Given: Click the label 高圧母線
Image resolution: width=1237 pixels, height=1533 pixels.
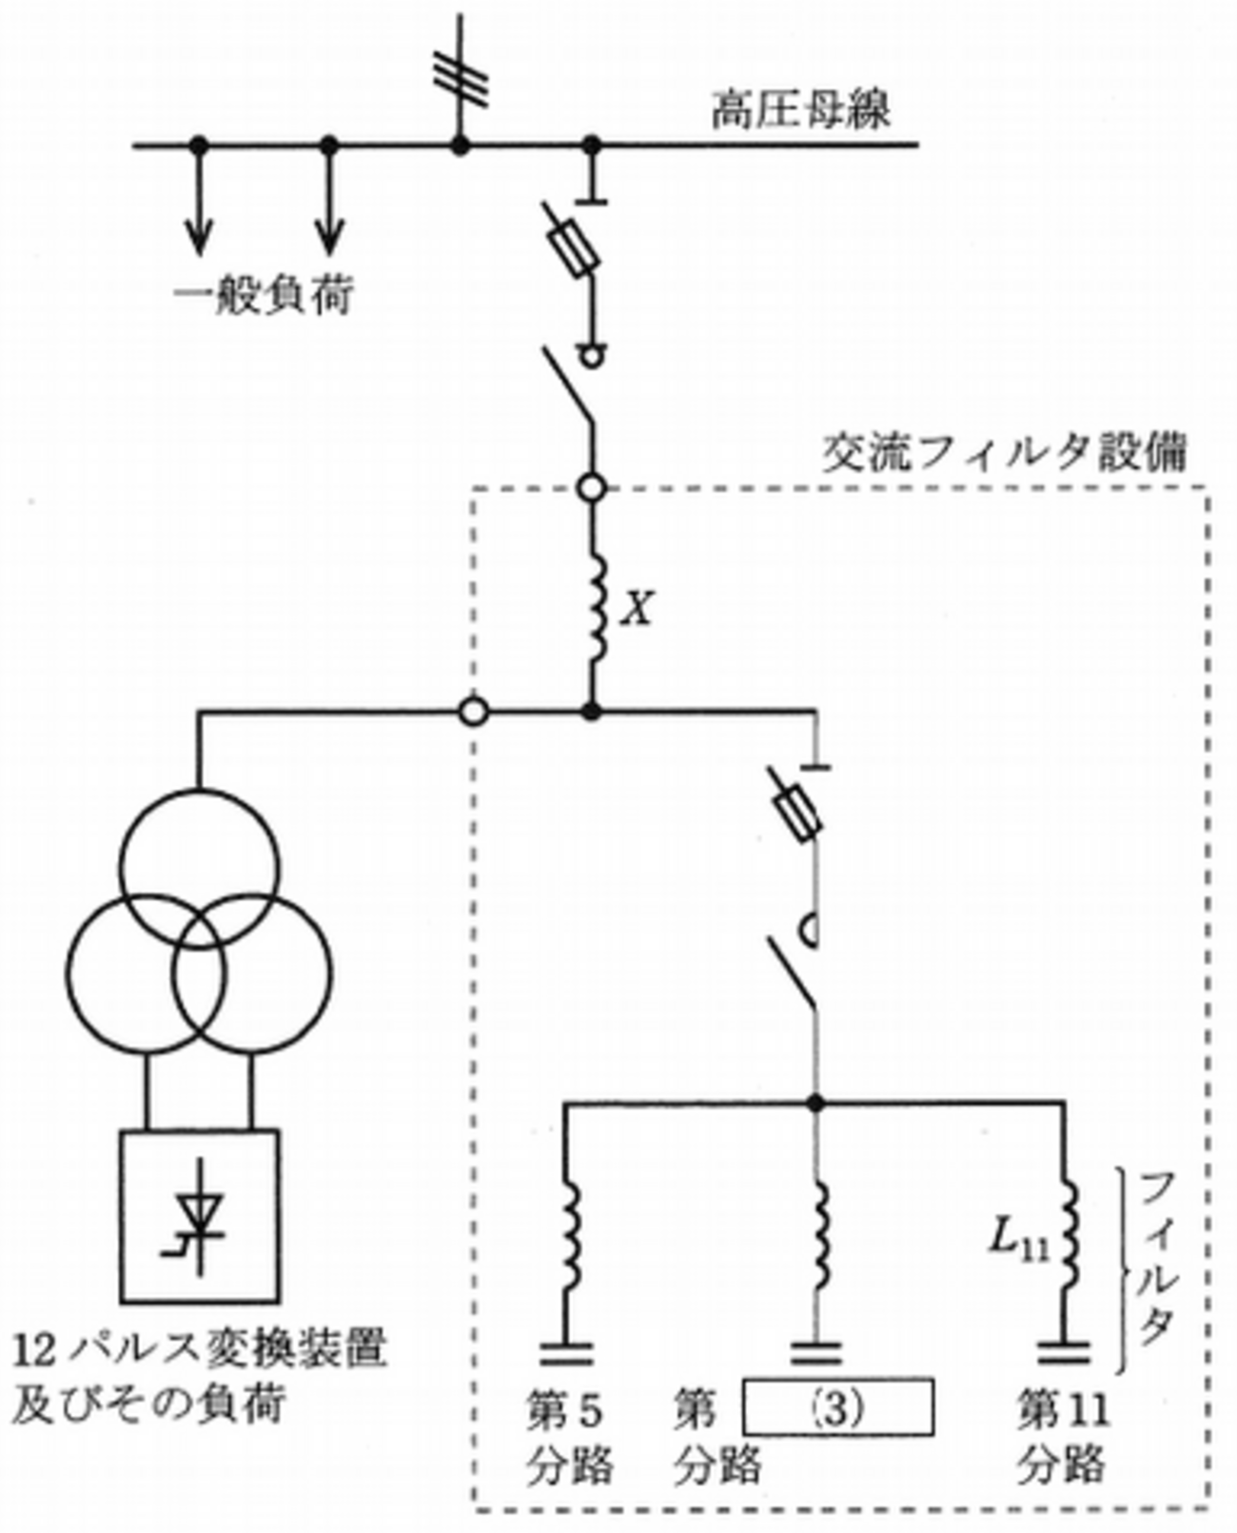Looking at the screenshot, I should (x=801, y=108).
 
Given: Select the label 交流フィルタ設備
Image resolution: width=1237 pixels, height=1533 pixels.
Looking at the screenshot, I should (x=1005, y=453).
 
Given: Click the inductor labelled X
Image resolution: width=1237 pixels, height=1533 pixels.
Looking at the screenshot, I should (x=597, y=609).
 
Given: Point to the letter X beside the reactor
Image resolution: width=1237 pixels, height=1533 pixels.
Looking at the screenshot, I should (x=637, y=609).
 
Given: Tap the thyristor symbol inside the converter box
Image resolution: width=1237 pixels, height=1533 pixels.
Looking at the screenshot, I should (x=200, y=1215).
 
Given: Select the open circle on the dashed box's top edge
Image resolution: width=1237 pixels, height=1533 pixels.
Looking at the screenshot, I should (x=592, y=488).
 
